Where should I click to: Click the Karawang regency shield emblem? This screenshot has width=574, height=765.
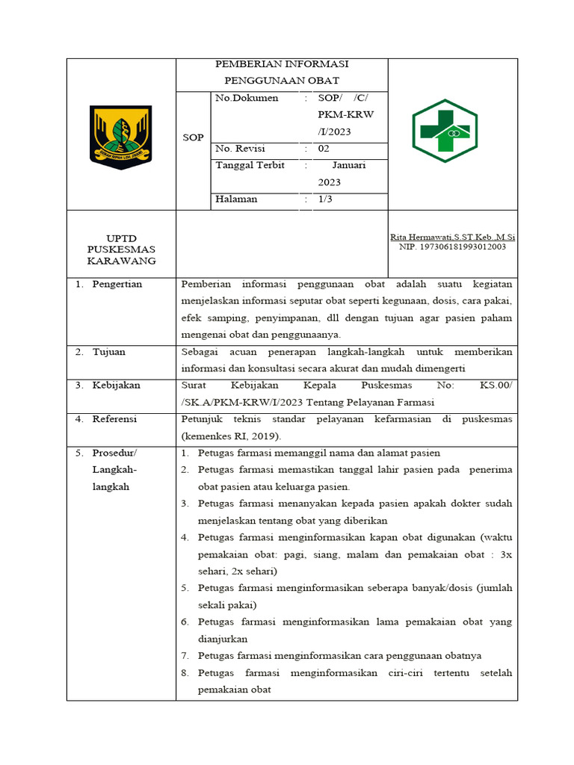coord(120,134)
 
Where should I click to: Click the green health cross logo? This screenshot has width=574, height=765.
coord(445,131)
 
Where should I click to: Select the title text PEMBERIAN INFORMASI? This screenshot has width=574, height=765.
coord(282,64)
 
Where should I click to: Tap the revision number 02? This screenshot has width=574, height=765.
coord(324,149)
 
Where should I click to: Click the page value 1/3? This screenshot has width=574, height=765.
coord(326,199)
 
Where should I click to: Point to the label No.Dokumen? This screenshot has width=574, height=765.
coord(247,98)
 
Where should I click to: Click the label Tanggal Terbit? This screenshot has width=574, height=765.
coord(250,166)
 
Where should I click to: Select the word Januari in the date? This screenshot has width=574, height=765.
coord(348,166)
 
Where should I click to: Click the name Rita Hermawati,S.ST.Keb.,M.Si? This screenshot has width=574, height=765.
coord(452,237)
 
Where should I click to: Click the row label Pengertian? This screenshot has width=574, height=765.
coord(117,285)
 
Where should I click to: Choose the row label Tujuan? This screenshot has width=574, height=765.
coord(109,352)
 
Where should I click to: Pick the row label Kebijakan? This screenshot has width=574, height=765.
coord(116,385)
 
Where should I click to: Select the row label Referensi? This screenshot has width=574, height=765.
coord(114,419)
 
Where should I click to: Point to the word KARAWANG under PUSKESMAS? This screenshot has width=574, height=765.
coord(121,261)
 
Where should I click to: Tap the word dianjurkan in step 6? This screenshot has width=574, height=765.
coord(223,639)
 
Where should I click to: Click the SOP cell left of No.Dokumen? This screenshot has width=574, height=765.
coord(193,137)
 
